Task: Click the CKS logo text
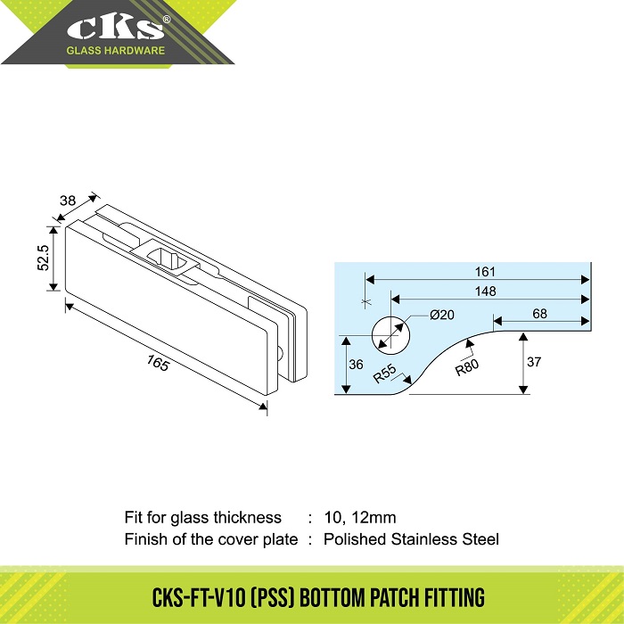click(x=115, y=29)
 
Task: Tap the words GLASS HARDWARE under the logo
click(x=115, y=51)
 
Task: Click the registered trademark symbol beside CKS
click(x=168, y=19)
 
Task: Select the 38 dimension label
click(x=68, y=201)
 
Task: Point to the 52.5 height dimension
click(x=44, y=258)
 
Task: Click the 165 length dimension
click(x=158, y=363)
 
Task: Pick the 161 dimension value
click(x=485, y=272)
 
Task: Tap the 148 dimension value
click(x=486, y=291)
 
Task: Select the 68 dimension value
click(x=539, y=314)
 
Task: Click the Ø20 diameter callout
click(x=442, y=315)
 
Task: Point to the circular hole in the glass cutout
click(x=390, y=335)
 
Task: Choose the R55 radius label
click(x=385, y=374)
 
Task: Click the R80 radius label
click(x=467, y=367)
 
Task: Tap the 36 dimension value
click(x=356, y=364)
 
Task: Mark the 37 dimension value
click(x=534, y=362)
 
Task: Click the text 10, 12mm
click(x=360, y=518)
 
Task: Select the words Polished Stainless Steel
click(x=411, y=539)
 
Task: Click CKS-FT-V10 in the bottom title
click(x=199, y=597)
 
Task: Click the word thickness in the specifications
click(x=247, y=518)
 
